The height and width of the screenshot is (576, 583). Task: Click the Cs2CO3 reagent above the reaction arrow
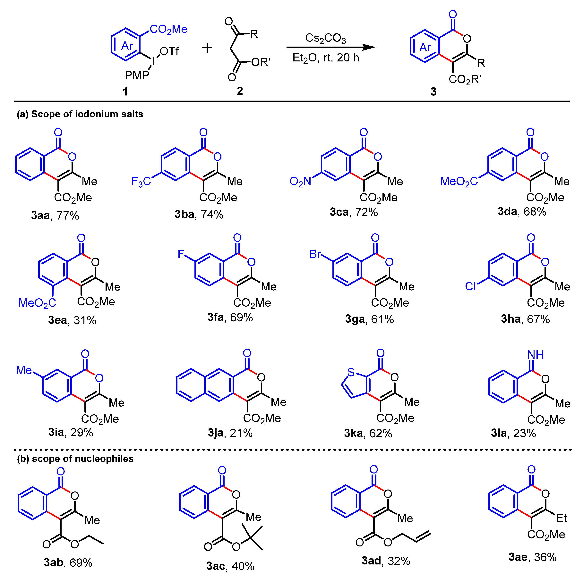point(325,38)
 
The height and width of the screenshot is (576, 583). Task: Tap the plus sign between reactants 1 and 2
point(207,48)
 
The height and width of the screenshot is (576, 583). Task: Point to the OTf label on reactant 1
point(169,51)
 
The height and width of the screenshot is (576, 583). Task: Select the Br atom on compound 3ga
point(315,254)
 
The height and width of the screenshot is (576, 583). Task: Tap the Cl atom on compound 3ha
point(470,286)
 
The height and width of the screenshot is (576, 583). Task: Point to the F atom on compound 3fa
point(181,254)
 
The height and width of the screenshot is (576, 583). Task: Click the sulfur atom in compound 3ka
point(351,372)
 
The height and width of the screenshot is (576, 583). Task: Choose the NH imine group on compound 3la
point(536,355)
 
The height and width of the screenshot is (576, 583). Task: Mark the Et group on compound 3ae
point(561,518)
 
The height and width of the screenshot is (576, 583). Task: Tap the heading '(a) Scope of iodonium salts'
point(80,114)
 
